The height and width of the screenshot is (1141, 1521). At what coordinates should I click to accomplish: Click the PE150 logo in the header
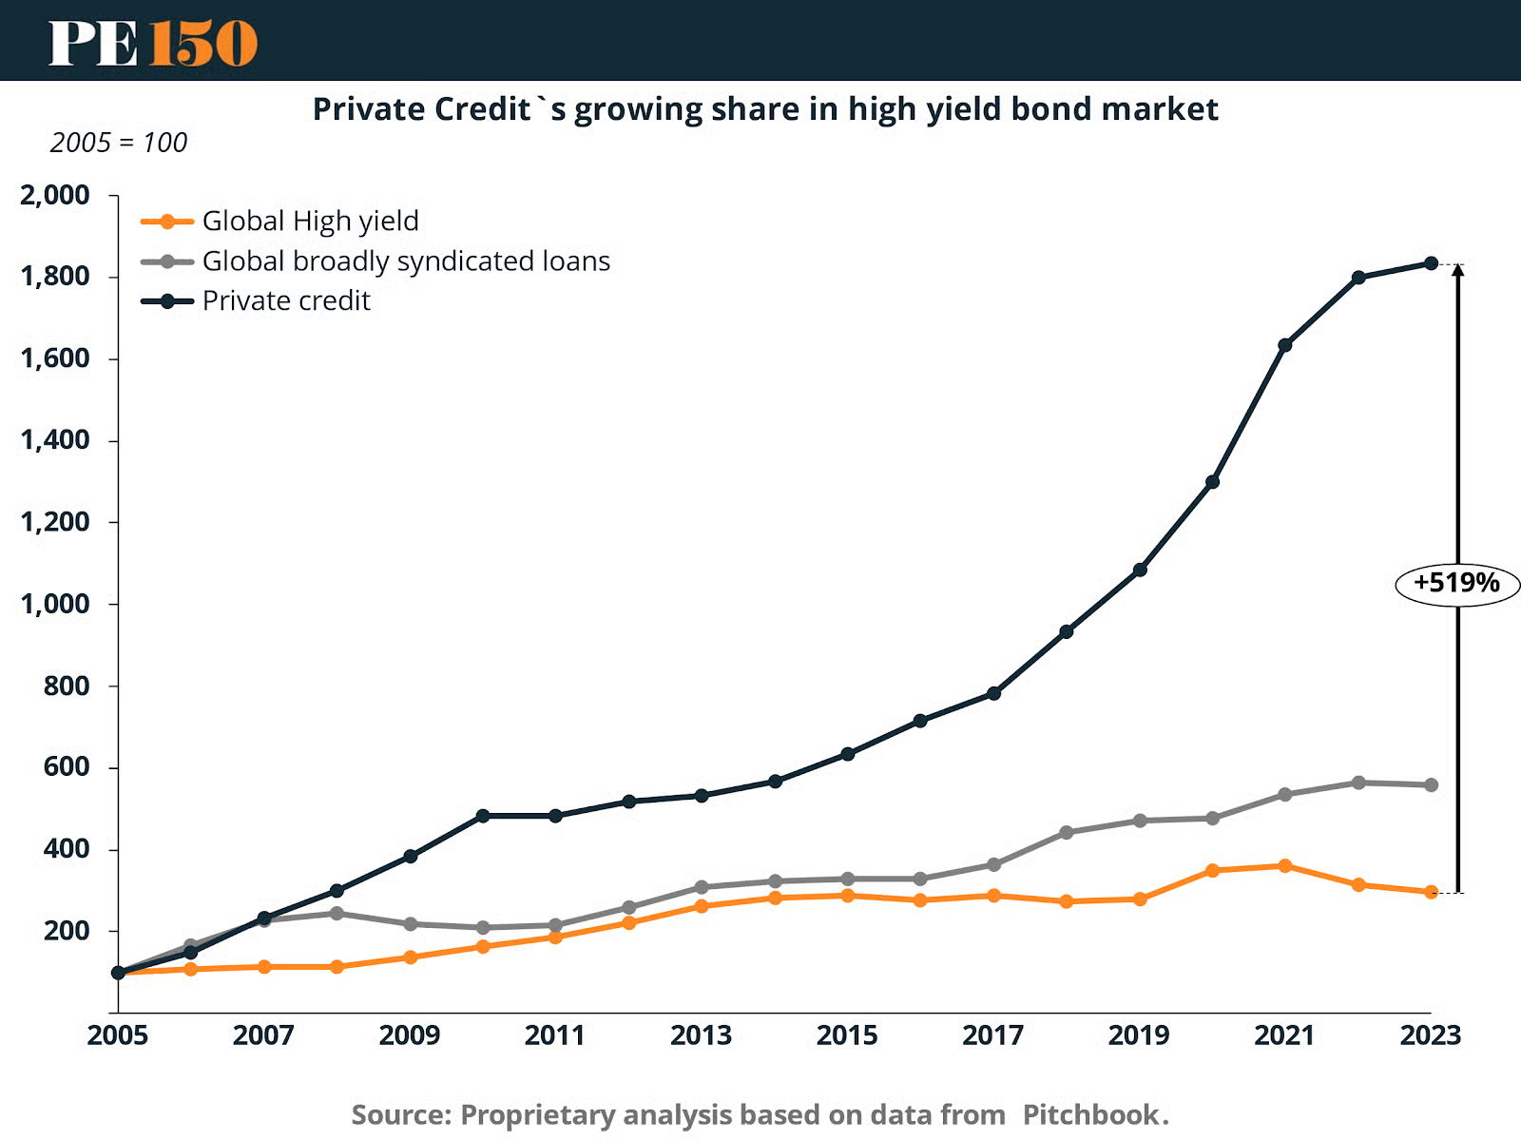click(x=153, y=43)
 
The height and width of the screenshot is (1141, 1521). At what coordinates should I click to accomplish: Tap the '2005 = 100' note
click(x=119, y=143)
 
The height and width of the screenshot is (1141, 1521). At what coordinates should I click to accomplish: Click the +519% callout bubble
click(x=1456, y=583)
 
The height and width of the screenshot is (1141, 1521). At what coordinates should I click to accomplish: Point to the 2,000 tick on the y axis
click(x=55, y=196)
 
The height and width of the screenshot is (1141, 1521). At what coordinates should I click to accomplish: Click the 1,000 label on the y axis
click(x=55, y=604)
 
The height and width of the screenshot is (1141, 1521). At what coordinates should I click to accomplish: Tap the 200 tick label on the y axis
click(x=67, y=931)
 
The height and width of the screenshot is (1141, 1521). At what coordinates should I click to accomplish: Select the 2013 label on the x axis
click(x=702, y=1035)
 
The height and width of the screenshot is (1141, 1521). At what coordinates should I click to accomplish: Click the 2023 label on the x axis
click(x=1431, y=1035)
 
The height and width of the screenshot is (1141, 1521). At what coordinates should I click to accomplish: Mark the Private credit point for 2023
click(x=1431, y=263)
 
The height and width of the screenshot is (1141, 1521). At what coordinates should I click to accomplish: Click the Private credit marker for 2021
click(x=1285, y=345)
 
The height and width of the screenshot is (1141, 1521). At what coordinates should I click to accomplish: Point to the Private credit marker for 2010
click(x=483, y=816)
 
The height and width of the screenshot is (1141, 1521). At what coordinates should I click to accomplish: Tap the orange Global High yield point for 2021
click(x=1285, y=866)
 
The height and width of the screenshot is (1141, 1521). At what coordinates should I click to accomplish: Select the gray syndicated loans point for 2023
click(x=1431, y=785)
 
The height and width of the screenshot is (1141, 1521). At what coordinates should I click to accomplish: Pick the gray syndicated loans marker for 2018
click(x=1067, y=833)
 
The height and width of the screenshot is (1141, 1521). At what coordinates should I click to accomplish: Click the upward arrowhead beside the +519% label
click(x=1458, y=270)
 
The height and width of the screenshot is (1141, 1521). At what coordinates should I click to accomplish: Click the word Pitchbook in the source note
click(x=1090, y=1114)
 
